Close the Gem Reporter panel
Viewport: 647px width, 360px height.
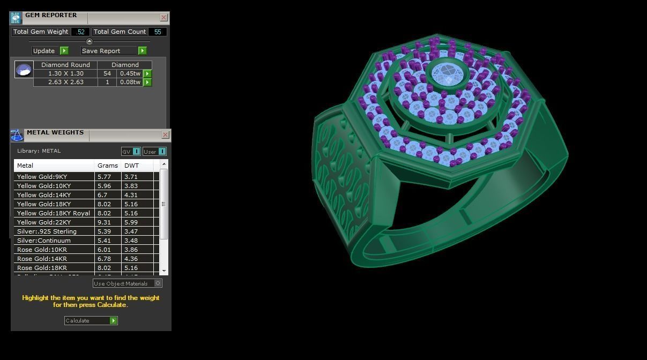click(x=163, y=17)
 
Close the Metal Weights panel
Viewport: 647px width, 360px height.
click(x=165, y=134)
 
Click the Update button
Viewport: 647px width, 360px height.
click(x=50, y=51)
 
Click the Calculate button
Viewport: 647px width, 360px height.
click(x=90, y=320)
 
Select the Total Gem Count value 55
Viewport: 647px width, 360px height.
click(x=158, y=32)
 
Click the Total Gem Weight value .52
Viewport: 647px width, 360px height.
click(x=80, y=32)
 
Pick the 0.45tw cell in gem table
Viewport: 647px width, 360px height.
click(x=130, y=73)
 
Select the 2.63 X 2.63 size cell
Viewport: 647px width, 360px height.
click(x=65, y=82)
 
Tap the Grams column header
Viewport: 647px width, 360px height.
click(x=107, y=166)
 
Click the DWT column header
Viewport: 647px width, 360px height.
click(x=131, y=166)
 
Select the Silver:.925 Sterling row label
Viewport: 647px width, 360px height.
click(x=47, y=231)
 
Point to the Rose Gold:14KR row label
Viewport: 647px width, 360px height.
click(x=42, y=259)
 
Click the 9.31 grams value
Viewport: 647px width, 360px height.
click(x=103, y=222)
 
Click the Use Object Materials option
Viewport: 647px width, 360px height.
click(x=127, y=283)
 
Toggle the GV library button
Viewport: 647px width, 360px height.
click(x=131, y=152)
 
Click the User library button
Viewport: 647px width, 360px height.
click(x=154, y=152)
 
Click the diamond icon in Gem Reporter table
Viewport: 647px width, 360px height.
click(x=24, y=70)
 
